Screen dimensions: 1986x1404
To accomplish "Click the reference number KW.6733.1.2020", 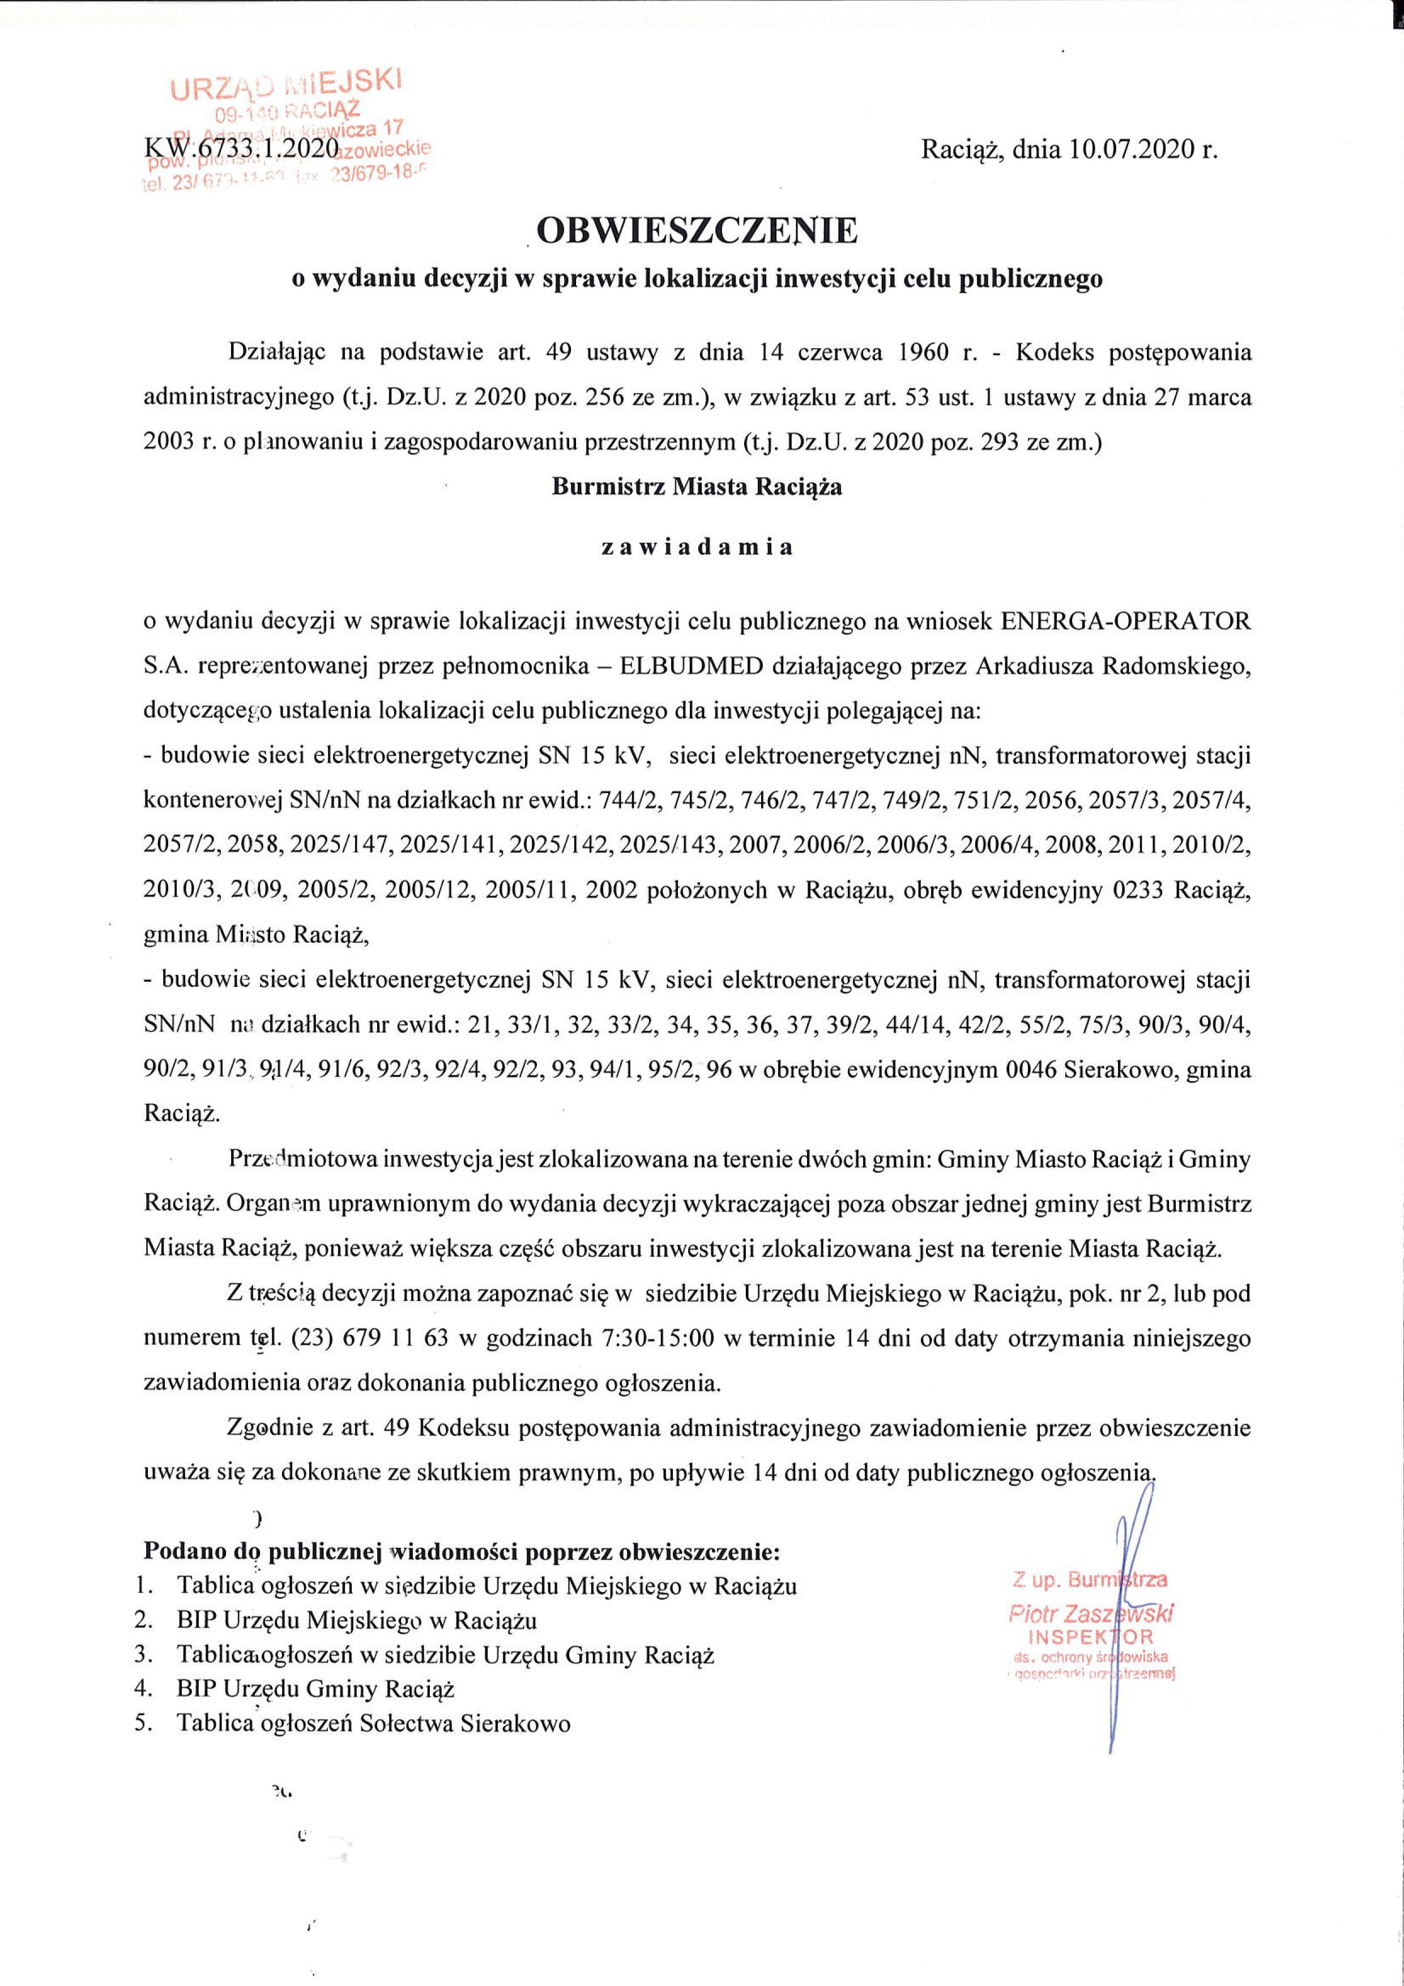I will [241, 149].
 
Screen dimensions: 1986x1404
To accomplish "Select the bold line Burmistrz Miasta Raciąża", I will [697, 486].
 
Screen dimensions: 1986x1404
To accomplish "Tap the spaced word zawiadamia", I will [697, 547].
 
